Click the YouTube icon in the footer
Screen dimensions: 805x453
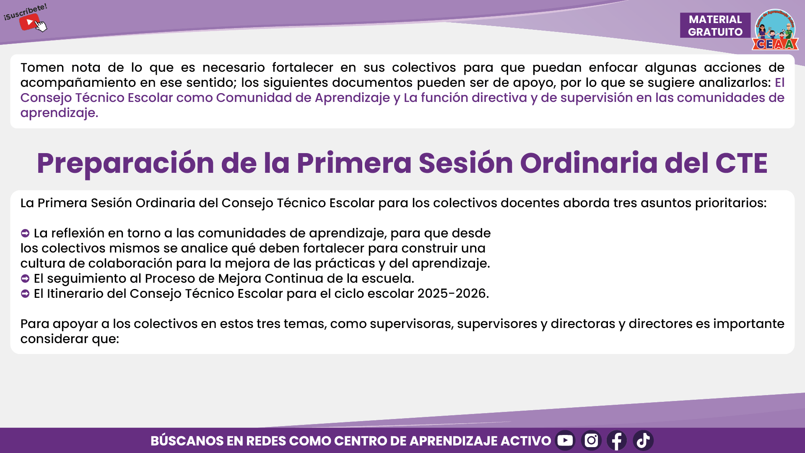(x=565, y=440)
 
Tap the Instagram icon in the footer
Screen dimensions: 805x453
(x=591, y=440)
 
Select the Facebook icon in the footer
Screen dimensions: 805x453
(x=617, y=440)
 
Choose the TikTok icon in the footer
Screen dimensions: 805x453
(x=643, y=440)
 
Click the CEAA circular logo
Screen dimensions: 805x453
(x=775, y=29)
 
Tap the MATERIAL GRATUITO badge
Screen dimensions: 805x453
(x=715, y=25)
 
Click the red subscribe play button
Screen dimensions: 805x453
(x=29, y=22)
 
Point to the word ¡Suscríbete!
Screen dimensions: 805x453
(x=25, y=12)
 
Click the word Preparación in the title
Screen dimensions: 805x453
(x=125, y=164)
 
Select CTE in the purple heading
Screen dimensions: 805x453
(x=741, y=163)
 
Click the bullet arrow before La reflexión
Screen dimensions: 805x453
(x=25, y=233)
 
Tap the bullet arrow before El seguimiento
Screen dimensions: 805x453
(x=25, y=279)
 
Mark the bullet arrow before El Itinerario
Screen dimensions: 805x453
(x=25, y=294)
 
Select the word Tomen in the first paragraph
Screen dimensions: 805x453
(x=42, y=68)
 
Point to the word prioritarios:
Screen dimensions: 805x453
(x=731, y=203)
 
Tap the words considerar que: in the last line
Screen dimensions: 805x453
(x=70, y=339)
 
